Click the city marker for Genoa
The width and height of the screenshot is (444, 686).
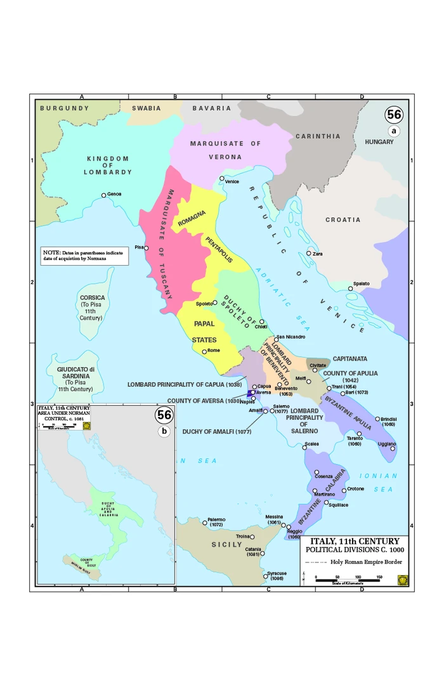pyautogui.click(x=104, y=195)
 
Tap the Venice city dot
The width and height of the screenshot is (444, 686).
pyautogui.click(x=222, y=178)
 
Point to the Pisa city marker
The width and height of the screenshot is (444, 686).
pyautogui.click(x=147, y=248)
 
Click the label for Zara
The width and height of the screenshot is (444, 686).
pyautogui.click(x=318, y=254)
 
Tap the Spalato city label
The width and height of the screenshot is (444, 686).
pyautogui.click(x=361, y=283)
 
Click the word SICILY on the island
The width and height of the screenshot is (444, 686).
pyautogui.click(x=227, y=545)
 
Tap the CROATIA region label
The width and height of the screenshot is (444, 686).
pyautogui.click(x=343, y=220)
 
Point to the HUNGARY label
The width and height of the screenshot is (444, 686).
pyautogui.click(x=379, y=142)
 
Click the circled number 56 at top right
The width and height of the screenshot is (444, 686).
pyautogui.click(x=394, y=115)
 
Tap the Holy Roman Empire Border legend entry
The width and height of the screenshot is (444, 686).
pyautogui.click(x=353, y=562)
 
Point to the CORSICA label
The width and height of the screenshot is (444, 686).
pyautogui.click(x=93, y=297)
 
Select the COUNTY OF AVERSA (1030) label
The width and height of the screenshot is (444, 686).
pyautogui.click(x=204, y=401)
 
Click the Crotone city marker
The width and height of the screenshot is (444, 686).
pyautogui.click(x=344, y=490)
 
